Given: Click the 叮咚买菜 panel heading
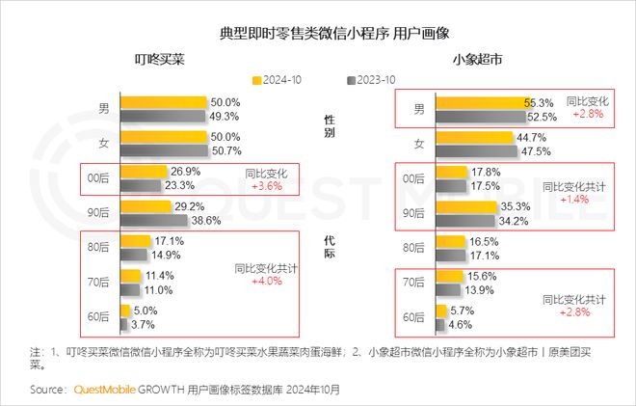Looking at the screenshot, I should [159, 60].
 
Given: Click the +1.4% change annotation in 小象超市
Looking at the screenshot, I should [575, 198].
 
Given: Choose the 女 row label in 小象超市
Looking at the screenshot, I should [418, 144].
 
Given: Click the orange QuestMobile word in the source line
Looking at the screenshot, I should [103, 391].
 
